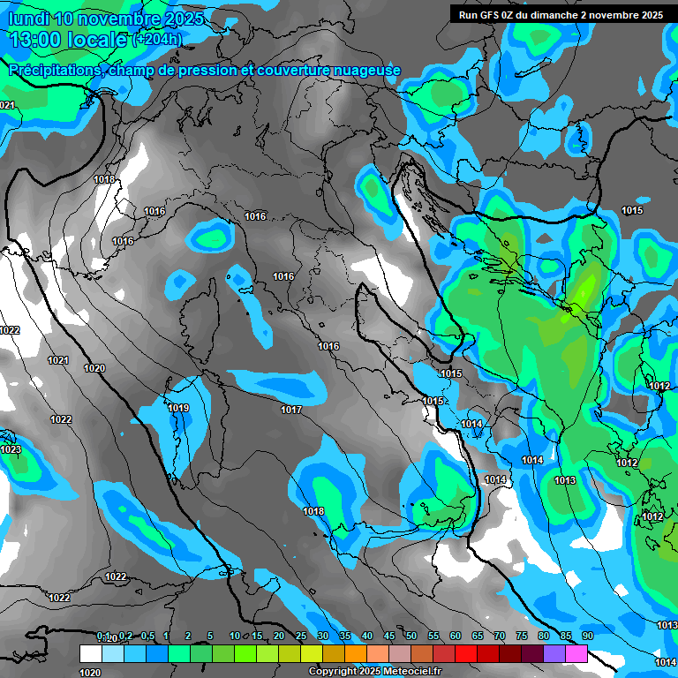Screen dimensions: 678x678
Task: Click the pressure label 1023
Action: coord(11,449)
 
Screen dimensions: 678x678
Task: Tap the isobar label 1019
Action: coord(178,408)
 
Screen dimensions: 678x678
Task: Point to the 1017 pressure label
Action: coord(291,410)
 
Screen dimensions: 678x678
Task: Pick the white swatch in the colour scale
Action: coord(90,654)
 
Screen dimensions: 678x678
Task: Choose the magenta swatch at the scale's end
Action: coord(576,654)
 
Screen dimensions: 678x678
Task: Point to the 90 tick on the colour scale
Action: coord(587,637)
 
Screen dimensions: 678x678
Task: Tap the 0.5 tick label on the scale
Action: coord(147,637)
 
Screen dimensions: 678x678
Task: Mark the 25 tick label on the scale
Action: coord(301,637)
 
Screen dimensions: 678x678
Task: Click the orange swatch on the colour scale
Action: coord(356,654)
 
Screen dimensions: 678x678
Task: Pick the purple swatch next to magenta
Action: coord(554,654)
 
